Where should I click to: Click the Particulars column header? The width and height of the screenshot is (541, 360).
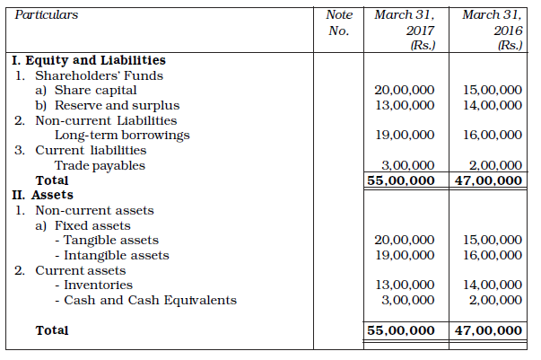(x=47, y=15)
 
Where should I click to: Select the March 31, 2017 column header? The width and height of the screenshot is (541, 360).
(x=403, y=30)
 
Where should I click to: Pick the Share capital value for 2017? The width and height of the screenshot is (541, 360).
(x=404, y=91)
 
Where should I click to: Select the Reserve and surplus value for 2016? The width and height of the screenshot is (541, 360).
(x=491, y=106)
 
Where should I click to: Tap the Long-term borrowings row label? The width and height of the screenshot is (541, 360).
(x=123, y=136)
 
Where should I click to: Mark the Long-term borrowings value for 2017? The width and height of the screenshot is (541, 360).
(x=404, y=136)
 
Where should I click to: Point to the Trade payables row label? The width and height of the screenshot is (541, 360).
(x=100, y=165)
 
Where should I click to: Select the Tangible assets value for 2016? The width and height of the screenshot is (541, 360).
(x=491, y=241)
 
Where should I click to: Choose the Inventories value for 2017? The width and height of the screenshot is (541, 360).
(x=404, y=285)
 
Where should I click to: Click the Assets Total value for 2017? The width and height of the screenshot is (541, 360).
(x=403, y=330)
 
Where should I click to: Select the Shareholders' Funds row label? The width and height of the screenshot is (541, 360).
(x=86, y=75)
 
